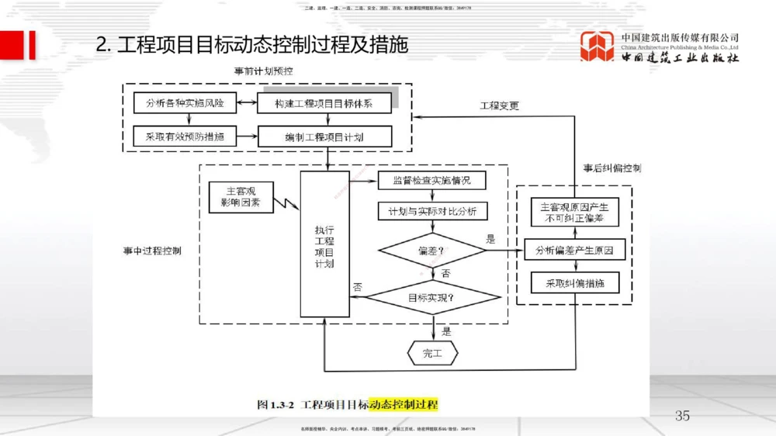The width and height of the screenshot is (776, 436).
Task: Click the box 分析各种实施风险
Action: point(179,102)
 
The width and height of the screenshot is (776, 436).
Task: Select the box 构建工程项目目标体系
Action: point(324,102)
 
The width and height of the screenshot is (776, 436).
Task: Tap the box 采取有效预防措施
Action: point(179,137)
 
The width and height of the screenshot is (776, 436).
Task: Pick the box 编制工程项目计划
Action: point(324,137)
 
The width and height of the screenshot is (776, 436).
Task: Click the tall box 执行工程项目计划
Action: point(324,245)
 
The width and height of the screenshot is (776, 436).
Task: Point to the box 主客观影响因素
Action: point(240,198)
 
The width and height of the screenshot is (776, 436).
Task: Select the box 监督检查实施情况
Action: point(431,181)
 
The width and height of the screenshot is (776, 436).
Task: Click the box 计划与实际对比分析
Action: point(431,211)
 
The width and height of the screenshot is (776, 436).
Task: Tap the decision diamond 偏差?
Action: point(431,251)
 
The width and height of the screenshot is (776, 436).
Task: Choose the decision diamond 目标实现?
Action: point(431,298)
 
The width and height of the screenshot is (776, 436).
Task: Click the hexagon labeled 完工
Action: point(432,354)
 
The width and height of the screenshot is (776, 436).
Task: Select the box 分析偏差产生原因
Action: point(575,251)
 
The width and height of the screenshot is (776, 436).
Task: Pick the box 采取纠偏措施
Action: point(575,283)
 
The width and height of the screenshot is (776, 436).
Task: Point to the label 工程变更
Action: point(499,106)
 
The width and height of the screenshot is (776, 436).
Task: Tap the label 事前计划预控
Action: point(264,71)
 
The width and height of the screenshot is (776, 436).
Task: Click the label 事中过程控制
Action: point(152,251)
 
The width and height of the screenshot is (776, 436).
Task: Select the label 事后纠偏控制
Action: point(612,168)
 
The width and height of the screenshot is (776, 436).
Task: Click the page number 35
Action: point(682,416)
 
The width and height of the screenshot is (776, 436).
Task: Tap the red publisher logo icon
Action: point(597,47)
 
